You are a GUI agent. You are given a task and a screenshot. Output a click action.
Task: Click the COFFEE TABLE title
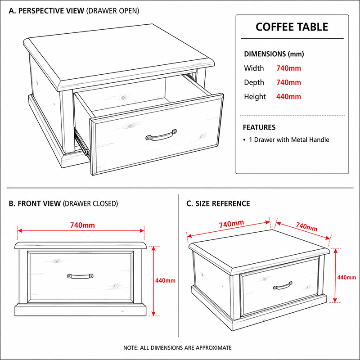[x=292, y=27]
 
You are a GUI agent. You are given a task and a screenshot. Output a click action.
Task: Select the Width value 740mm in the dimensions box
[x=288, y=68]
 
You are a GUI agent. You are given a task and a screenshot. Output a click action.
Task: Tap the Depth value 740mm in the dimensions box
[x=288, y=82]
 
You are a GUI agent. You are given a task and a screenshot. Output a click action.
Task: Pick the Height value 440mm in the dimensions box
[x=288, y=97]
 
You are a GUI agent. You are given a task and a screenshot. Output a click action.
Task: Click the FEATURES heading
[x=259, y=127]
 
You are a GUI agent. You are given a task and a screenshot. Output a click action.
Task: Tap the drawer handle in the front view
[x=80, y=276]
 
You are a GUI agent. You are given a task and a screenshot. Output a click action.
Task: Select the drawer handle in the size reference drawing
[x=283, y=285]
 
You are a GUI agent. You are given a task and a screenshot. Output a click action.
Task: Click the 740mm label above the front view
[x=82, y=225]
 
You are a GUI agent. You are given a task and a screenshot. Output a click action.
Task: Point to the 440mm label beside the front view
[x=165, y=280]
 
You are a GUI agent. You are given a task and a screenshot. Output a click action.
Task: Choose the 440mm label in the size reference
[x=346, y=278]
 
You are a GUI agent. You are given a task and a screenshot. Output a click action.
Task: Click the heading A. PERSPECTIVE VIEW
[x=46, y=11]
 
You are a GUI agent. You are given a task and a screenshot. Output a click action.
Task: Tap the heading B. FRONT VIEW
[x=35, y=204]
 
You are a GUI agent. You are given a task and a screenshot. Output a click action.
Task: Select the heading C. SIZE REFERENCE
[x=218, y=204]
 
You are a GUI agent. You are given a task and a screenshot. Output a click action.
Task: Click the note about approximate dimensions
[x=177, y=348]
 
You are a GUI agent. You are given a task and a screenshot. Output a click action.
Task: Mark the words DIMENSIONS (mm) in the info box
[x=274, y=54]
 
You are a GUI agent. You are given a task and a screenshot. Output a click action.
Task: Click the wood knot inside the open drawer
[x=123, y=98]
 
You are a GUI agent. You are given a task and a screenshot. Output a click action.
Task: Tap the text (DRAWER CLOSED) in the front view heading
[x=90, y=204]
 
